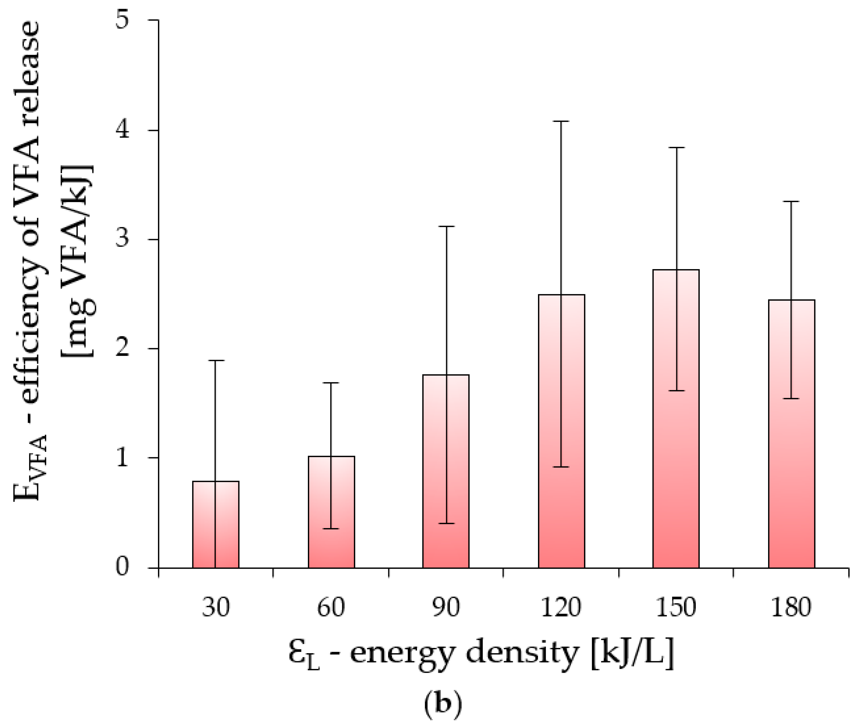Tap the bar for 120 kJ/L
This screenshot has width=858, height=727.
tap(561, 433)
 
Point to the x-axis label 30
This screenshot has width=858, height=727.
tap(216, 607)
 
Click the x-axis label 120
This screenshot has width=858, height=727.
tap(561, 607)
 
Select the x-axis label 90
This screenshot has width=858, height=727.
tap(446, 607)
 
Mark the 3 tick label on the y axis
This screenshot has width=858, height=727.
tap(122, 239)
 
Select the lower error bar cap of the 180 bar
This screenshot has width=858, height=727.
tap(791, 399)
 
